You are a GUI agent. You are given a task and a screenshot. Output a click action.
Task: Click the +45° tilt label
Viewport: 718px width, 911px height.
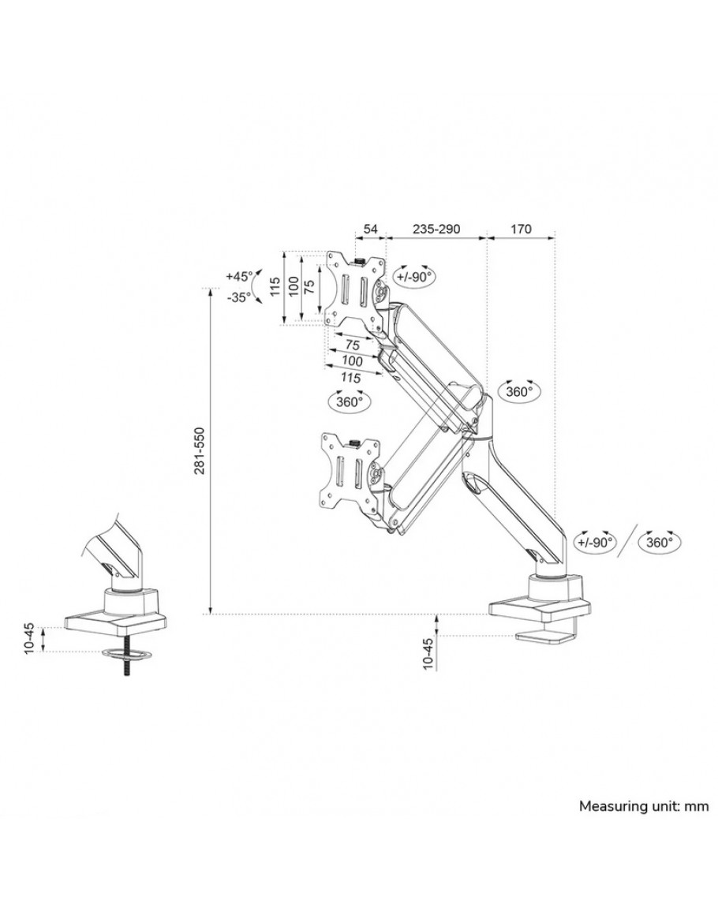pos(239,277)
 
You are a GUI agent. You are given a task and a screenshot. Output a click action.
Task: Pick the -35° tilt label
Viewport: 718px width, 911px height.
pos(237,297)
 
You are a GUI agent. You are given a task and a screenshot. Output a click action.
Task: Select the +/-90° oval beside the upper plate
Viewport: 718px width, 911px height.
pos(413,278)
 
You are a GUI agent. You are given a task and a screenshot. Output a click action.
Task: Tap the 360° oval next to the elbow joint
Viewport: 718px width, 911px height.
pos(519,391)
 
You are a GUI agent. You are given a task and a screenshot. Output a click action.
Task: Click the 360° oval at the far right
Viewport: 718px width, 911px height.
pos(660,543)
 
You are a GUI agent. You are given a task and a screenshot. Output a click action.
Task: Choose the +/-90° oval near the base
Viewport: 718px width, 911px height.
pos(594,543)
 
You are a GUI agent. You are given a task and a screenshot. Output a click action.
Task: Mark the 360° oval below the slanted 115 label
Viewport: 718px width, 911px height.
pos(348,401)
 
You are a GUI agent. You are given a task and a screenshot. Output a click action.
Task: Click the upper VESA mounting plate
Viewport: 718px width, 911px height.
pos(353,287)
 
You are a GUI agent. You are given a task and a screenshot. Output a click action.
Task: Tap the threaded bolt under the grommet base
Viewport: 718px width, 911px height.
pos(125,667)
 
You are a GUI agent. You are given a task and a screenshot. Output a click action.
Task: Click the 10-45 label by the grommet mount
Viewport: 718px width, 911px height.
pos(30,637)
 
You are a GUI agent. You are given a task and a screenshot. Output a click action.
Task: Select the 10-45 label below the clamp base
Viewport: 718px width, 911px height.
pos(428,653)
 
